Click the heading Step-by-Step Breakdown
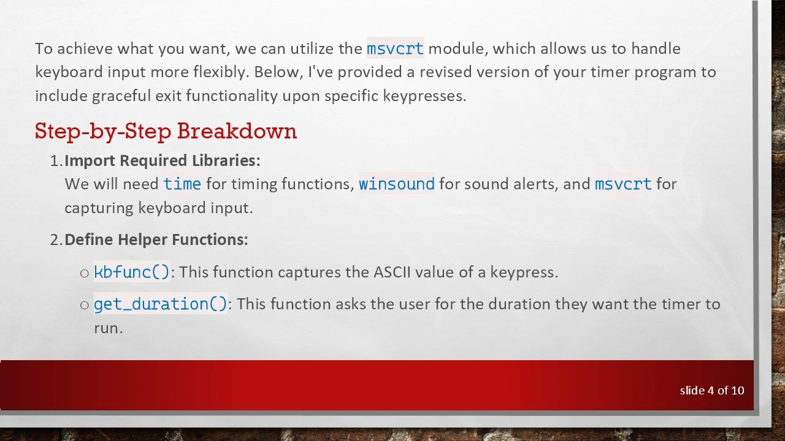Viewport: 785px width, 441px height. click(x=166, y=131)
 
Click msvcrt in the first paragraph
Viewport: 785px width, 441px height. click(x=395, y=48)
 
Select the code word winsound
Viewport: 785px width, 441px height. click(x=396, y=184)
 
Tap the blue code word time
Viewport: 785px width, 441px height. click(x=182, y=184)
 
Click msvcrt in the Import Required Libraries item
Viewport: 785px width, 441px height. click(x=623, y=184)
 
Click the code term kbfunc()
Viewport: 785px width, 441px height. click(x=132, y=272)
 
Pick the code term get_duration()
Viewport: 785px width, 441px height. click(x=161, y=304)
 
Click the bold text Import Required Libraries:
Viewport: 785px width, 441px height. click(x=163, y=160)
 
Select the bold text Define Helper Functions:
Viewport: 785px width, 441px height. click(x=156, y=239)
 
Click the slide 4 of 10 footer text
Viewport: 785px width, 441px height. click(x=711, y=390)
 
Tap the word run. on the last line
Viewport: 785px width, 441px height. click(x=109, y=328)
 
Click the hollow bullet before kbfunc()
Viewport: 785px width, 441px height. click(x=85, y=273)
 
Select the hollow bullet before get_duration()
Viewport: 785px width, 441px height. click(x=85, y=305)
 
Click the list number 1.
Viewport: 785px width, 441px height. click(x=56, y=160)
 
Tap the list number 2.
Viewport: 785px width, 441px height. click(x=56, y=239)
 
